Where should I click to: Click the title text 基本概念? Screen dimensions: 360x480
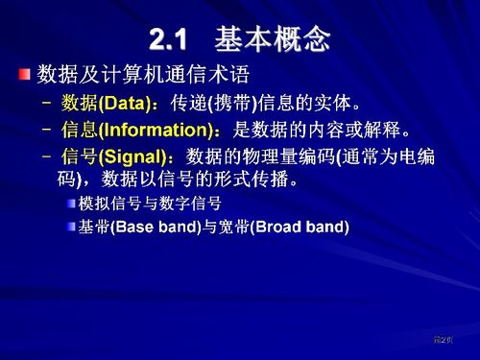click(273, 39)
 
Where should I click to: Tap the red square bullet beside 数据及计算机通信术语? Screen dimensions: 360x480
click(22, 75)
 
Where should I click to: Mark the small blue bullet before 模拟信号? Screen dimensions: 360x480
click(71, 204)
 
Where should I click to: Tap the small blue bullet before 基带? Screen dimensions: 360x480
click(71, 228)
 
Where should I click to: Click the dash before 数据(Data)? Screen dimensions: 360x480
click(45, 103)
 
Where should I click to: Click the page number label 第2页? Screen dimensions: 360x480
click(443, 340)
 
